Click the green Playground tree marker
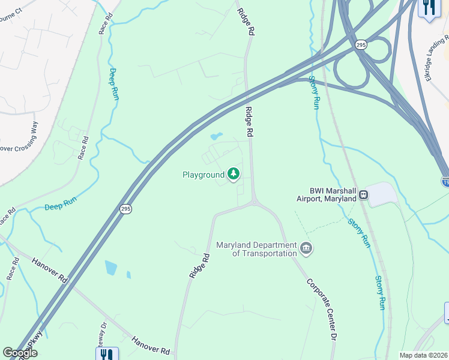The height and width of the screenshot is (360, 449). pos(233,175)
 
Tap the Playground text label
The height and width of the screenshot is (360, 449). pos(202,175)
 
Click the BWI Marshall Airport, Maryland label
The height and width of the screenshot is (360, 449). pos(327,194)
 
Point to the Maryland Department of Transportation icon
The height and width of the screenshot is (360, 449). pos(306,248)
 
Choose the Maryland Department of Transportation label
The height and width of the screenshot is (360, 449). pos(256,249)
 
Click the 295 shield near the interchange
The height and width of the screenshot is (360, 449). pos(360,44)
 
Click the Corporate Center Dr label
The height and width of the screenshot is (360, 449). pos(321,309)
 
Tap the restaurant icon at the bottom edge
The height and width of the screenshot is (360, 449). pos(107,354)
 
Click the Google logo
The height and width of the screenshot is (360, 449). pos(20,353)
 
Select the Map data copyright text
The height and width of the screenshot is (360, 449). pos(423,355)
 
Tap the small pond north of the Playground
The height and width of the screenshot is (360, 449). pos(216,136)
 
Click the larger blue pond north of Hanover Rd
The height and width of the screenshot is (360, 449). pos(110,268)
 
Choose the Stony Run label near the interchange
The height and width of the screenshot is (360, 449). pos(313,92)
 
